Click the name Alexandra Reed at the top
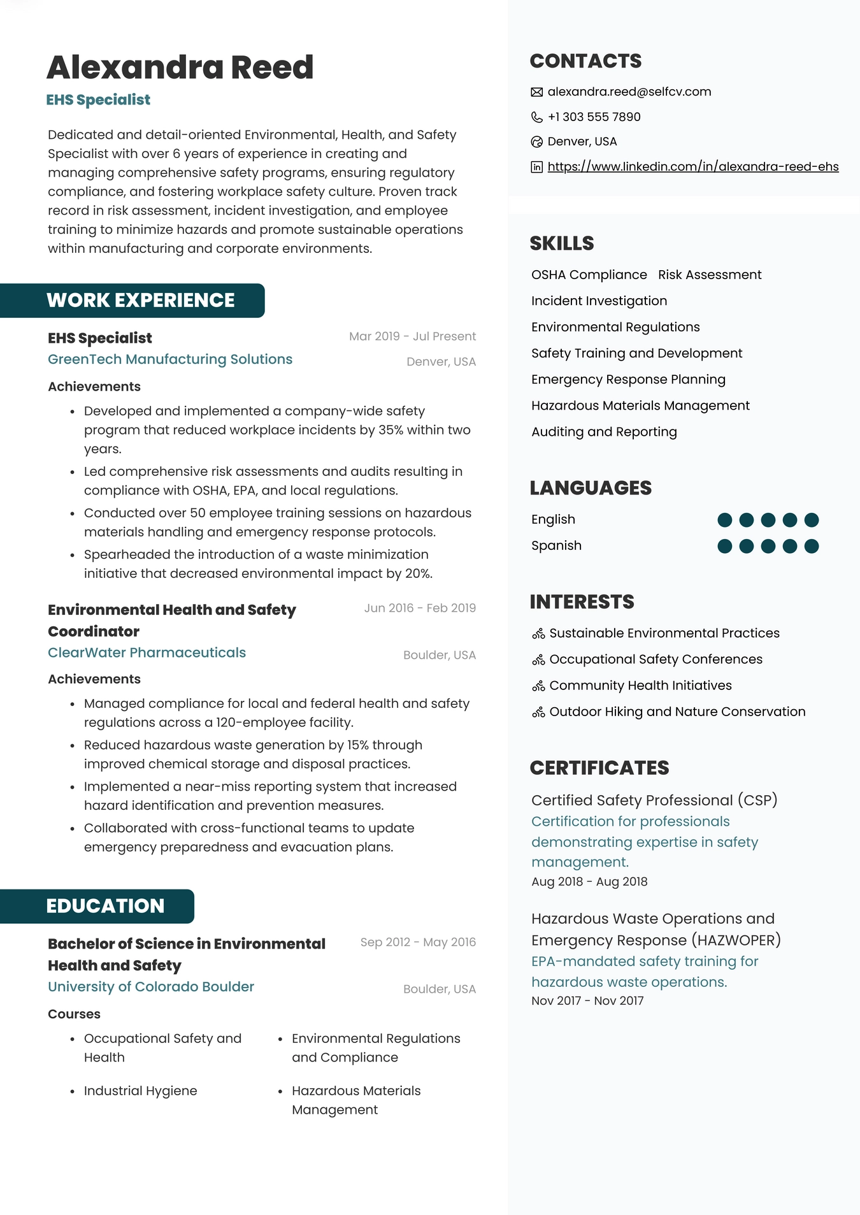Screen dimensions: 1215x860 (180, 68)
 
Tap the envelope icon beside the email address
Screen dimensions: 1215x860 (536, 92)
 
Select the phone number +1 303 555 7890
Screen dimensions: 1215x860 (594, 117)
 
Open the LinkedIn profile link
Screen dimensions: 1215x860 (692, 167)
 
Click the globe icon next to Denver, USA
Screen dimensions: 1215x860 (536, 142)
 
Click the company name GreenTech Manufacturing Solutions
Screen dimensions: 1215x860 (170, 359)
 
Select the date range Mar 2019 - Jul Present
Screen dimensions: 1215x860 (412, 336)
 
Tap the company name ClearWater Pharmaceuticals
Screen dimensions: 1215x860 (147, 653)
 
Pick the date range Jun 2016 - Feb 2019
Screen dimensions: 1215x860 (420, 608)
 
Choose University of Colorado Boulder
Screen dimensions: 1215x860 (151, 987)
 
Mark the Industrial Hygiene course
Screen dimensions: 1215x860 (140, 1091)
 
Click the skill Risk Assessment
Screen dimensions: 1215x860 (710, 275)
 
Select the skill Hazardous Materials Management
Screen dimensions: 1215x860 (640, 406)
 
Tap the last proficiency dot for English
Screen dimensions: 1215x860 (812, 520)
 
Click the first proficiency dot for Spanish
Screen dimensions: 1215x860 (724, 546)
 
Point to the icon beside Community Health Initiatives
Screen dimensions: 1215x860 (538, 686)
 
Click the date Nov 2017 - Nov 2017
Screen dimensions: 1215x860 (587, 1001)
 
